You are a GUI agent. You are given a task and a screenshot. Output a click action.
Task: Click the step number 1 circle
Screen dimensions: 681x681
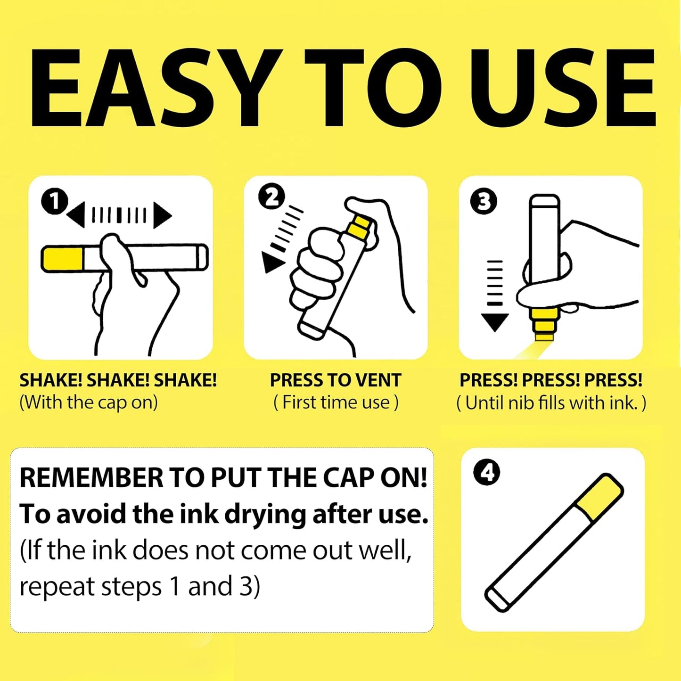click(54, 202)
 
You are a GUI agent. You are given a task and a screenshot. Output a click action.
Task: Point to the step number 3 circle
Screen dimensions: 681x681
click(484, 201)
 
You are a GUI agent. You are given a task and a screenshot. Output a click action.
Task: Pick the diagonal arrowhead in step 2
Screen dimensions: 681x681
click(272, 262)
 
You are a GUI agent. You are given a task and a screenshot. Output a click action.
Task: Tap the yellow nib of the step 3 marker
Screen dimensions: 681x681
click(544, 324)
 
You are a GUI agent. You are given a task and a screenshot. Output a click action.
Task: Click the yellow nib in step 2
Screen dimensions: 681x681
click(359, 227)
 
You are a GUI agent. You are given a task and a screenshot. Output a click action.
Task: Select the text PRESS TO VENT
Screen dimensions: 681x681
click(336, 380)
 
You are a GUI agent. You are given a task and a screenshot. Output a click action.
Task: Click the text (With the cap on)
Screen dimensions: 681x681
click(88, 402)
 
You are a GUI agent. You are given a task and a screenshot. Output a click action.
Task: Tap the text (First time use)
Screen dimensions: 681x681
click(336, 402)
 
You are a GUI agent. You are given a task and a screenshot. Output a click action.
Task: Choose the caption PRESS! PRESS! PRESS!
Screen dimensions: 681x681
click(551, 380)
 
